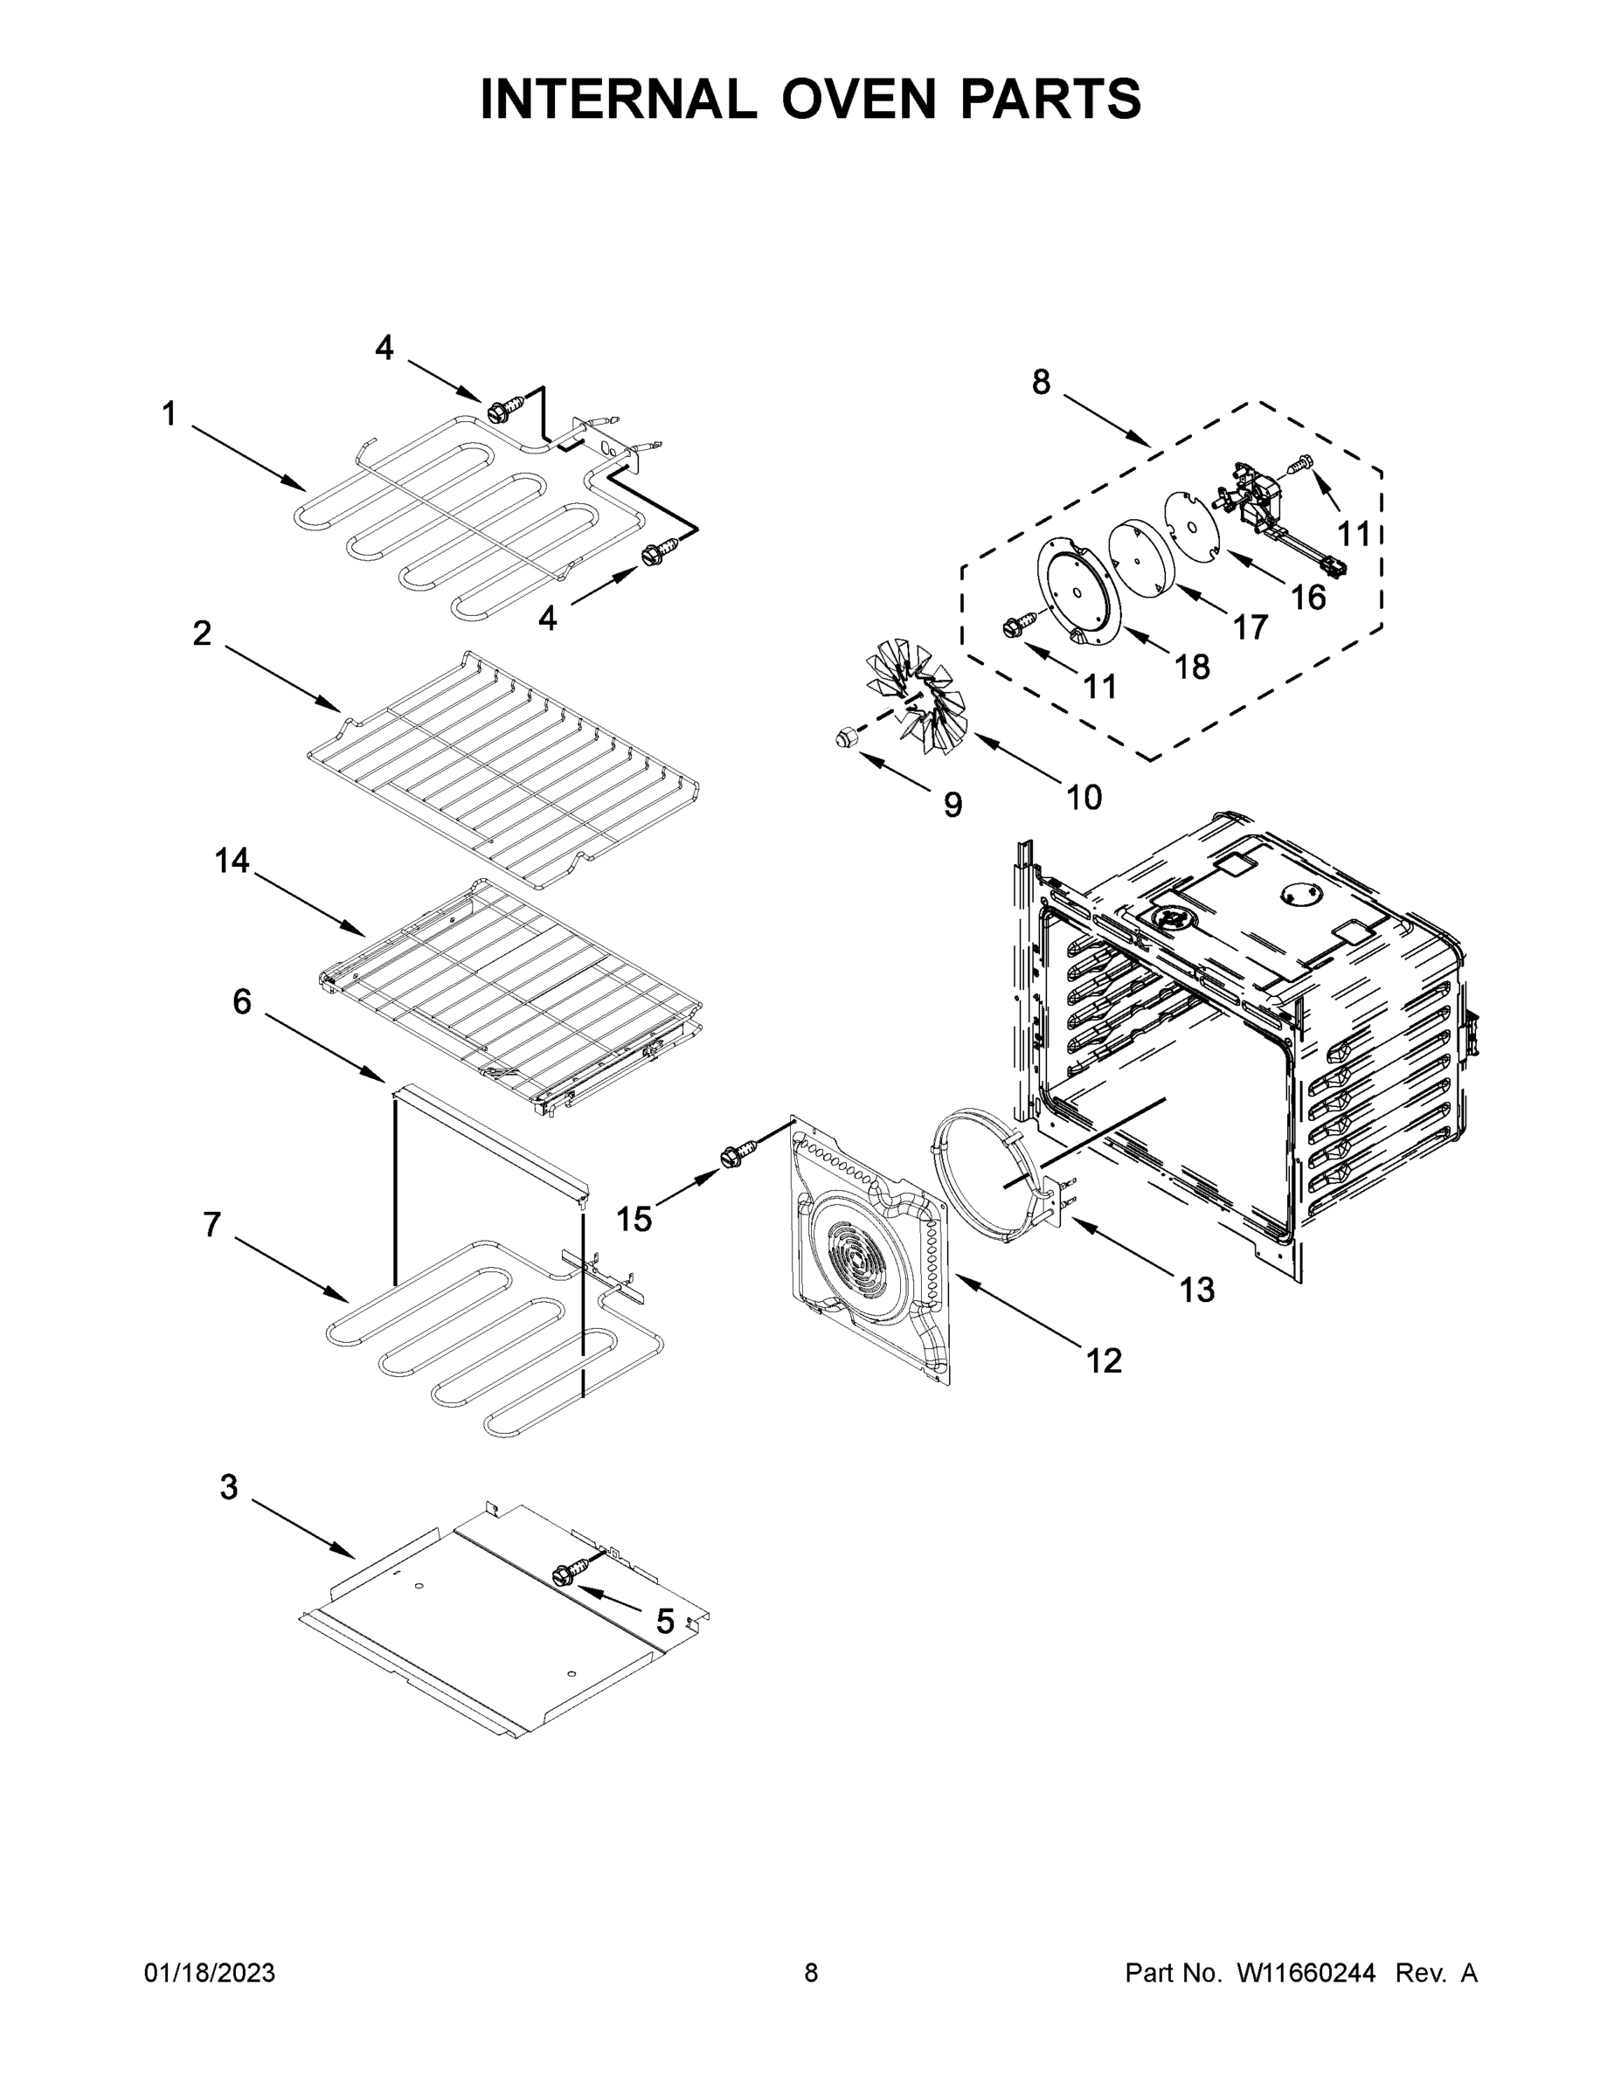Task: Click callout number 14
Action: pos(232,862)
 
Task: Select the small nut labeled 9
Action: pos(844,738)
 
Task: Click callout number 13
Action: pos(1196,1290)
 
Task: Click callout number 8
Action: pos(1041,382)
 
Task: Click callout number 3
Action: pos(229,1487)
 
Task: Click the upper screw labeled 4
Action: pos(502,412)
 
